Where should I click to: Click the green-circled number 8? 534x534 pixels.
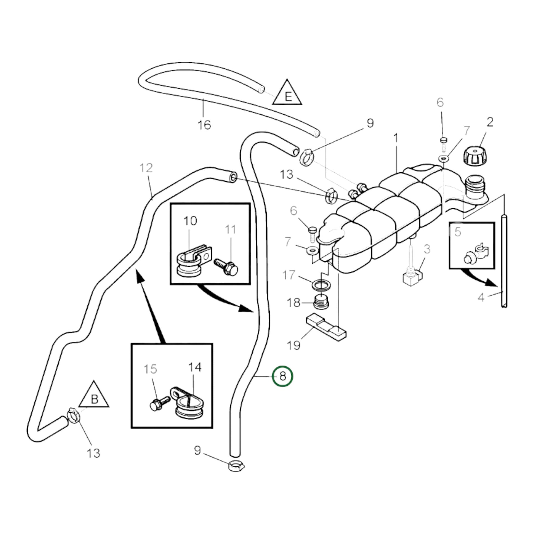tap(282, 376)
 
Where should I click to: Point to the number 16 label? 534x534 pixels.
tap(204, 125)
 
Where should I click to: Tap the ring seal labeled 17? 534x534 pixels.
tap(321, 285)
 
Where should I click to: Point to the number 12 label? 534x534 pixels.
tap(146, 168)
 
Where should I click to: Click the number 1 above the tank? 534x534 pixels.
tap(396, 138)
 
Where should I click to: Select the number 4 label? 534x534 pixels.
tap(481, 297)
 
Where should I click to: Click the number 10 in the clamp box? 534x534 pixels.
tap(190, 221)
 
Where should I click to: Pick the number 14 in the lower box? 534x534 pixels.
tap(195, 367)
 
